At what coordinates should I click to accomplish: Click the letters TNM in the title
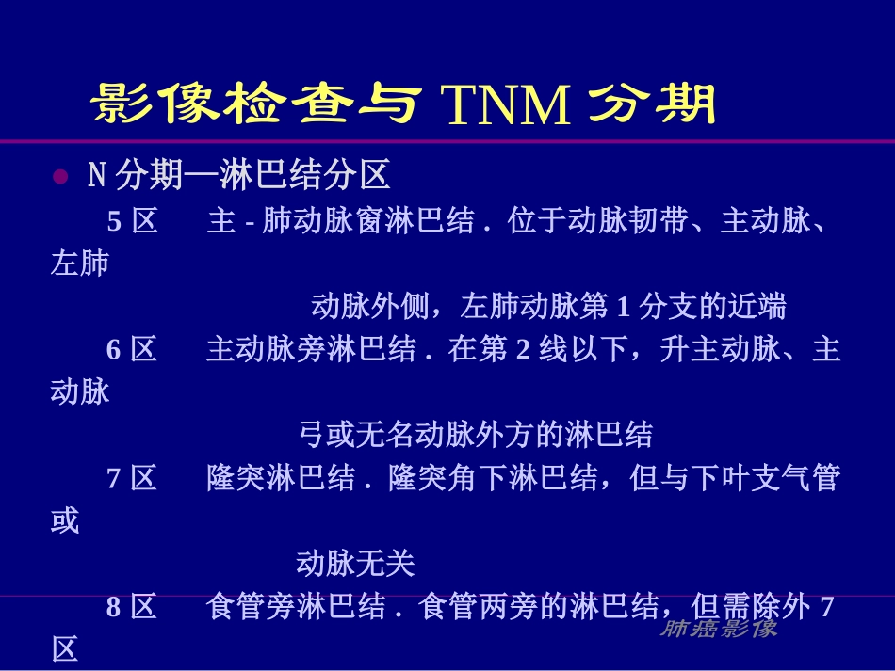click(506, 105)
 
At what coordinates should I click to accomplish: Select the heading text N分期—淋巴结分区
click(237, 176)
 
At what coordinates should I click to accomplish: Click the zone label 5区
click(131, 222)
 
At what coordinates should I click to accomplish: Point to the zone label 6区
click(131, 350)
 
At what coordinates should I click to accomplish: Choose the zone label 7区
click(131, 479)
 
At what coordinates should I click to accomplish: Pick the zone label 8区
click(131, 608)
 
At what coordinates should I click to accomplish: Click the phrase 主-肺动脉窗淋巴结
click(340, 222)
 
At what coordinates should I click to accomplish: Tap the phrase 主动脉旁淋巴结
click(311, 350)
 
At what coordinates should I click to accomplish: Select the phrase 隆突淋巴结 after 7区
click(281, 479)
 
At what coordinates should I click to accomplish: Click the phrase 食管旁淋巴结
click(296, 608)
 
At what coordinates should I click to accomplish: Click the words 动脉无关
click(355, 564)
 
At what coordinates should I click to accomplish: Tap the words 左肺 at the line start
click(80, 264)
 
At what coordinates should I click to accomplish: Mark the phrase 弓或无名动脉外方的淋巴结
click(475, 435)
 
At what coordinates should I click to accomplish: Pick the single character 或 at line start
click(65, 520)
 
